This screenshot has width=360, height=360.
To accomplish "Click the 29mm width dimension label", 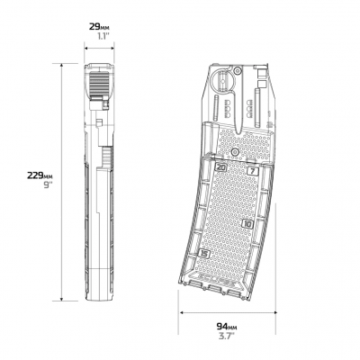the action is pos(99,26).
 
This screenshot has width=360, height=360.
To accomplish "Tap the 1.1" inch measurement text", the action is pos(103,37).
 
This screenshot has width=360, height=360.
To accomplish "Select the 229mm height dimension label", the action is pos(40,175).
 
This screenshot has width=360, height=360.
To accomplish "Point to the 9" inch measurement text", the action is pos(48,185).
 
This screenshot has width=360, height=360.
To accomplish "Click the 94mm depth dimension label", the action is pos(229,326).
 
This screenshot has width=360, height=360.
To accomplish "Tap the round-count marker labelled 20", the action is pos(221,167).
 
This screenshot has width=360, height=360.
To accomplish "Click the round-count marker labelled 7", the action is pos(253,171).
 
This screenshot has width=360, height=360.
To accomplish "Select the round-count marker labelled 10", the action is pos(247,223).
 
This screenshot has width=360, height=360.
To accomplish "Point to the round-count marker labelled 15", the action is pos(204,254).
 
